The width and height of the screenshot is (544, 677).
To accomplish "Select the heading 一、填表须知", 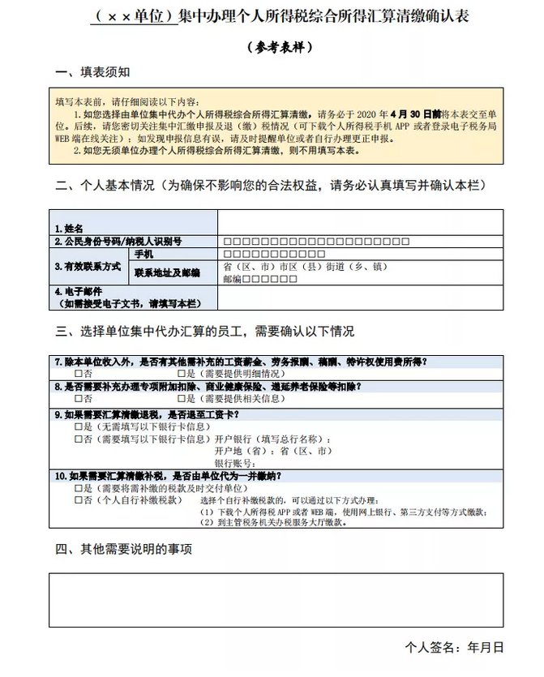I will point(92,73).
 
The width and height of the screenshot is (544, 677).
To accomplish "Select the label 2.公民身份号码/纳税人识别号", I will point(118,242).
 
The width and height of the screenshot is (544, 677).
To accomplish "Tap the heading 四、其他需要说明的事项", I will point(124,549).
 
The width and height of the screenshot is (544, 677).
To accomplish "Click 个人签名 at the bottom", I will point(430,648).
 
